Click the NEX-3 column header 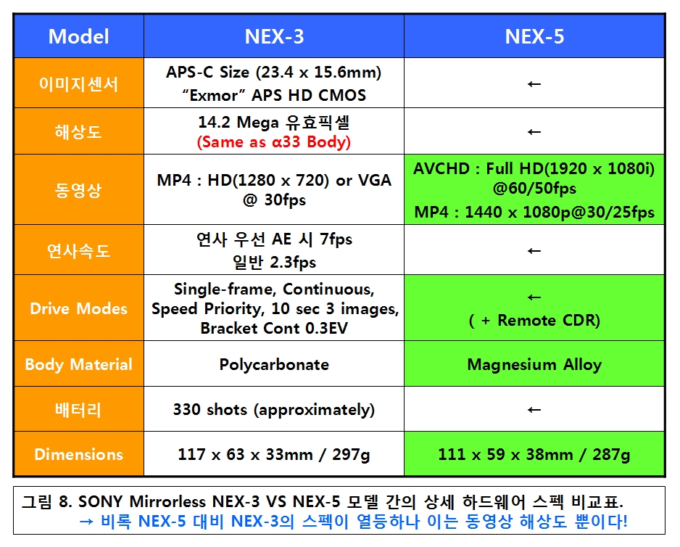[x=274, y=36]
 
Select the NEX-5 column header [x=534, y=36]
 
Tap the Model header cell [x=78, y=36]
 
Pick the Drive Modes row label [x=78, y=308]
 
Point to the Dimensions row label [x=78, y=454]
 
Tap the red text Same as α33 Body [x=274, y=142]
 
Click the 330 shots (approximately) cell [x=274, y=409]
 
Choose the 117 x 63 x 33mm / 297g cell [x=274, y=454]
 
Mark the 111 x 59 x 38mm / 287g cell [x=534, y=454]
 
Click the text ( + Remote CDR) [x=534, y=321]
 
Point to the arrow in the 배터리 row [x=534, y=409]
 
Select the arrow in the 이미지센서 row [x=534, y=83]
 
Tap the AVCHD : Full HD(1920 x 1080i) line [x=534, y=168]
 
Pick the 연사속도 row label [x=78, y=250]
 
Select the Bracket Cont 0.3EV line [x=274, y=328]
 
